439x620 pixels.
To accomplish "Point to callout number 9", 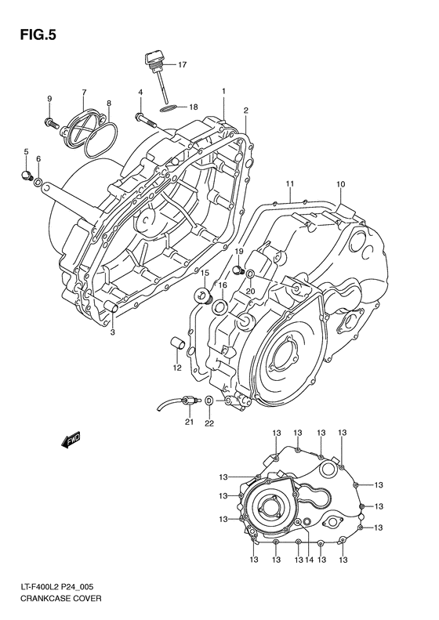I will [49, 98].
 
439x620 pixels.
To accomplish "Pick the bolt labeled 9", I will [52, 123].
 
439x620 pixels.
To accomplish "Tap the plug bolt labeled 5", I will [27, 174].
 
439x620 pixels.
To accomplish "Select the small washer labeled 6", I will [38, 183].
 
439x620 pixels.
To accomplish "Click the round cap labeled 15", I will [204, 297].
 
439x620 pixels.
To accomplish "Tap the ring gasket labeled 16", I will [221, 306].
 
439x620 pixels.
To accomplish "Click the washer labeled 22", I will [209, 402].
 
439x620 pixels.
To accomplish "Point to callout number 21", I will [188, 422].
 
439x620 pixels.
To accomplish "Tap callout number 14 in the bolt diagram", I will [310, 560].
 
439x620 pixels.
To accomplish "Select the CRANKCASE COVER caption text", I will [53, 597].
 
